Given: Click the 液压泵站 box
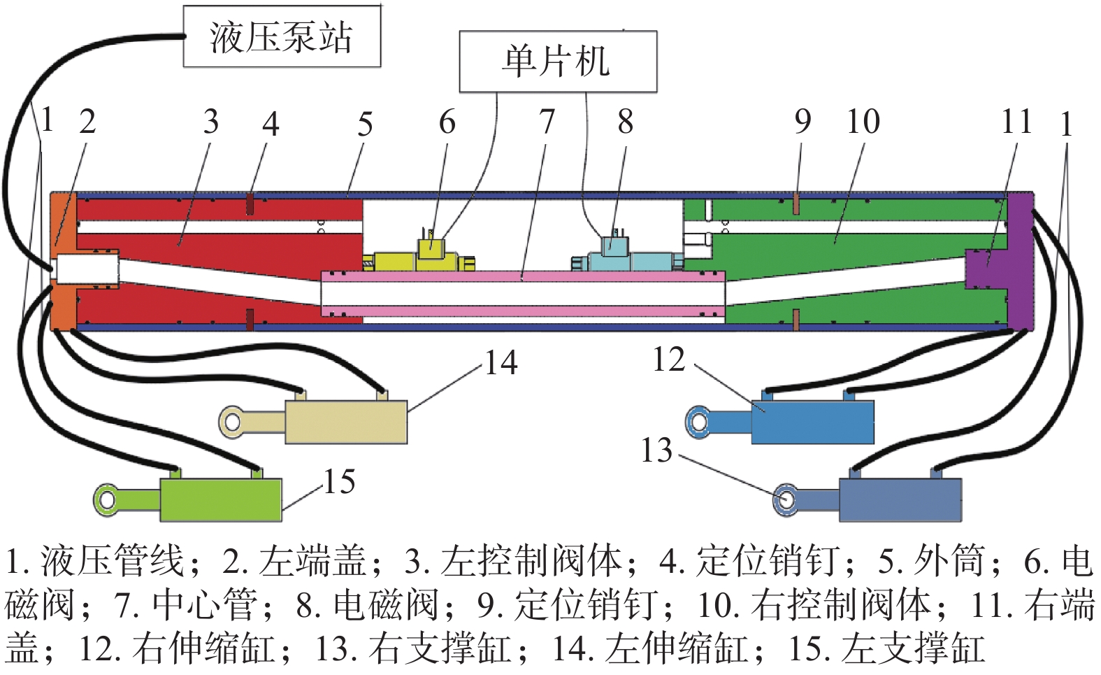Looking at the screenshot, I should click(282, 36).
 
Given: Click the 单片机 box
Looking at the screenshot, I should click(557, 62).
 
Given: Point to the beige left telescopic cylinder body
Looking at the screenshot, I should click(346, 422).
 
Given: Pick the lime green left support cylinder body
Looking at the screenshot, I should click(221, 499).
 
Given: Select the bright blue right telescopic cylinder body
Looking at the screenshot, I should click(812, 422).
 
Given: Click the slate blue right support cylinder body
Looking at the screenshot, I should click(900, 499).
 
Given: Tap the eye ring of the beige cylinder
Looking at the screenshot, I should click(232, 422).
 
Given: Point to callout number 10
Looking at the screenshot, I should click(863, 122).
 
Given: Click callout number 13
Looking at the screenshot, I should click(656, 451).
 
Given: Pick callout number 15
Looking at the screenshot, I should click(339, 482).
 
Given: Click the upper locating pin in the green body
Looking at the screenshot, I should click(796, 204).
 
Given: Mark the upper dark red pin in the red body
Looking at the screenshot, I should click(249, 204).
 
